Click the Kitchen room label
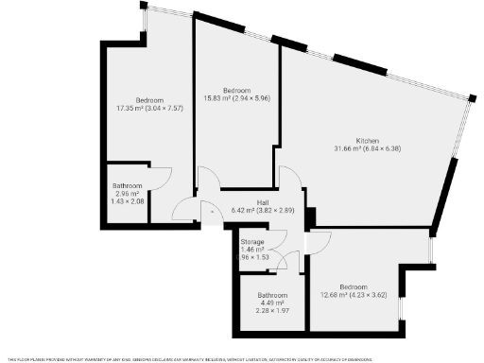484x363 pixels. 367,140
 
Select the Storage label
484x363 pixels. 251,243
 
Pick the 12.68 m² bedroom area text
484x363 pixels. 354,294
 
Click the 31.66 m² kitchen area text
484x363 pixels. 367,148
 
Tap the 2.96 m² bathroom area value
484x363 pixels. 128,194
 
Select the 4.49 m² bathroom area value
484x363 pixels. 272,303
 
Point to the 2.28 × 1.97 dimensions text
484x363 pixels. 272,312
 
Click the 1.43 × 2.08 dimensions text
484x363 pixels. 128,202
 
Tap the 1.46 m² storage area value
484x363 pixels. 251,251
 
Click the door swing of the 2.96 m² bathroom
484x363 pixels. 161,178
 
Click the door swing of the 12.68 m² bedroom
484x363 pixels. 320,243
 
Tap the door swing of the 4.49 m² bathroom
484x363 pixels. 291,261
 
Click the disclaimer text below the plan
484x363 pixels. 242,359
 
